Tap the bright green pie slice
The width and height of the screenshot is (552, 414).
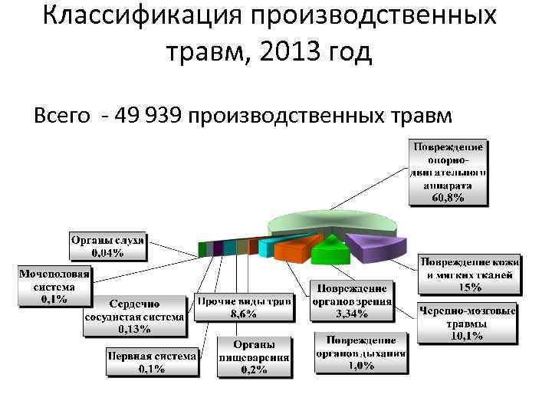tap(330, 250)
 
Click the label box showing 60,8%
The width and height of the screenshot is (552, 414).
tap(449, 172)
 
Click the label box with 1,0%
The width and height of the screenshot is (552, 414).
tap(360, 353)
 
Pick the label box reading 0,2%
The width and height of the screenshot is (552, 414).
tap(255, 357)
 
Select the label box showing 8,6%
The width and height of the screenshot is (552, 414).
tap(245, 307)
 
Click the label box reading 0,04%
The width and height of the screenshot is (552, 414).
tap(108, 246)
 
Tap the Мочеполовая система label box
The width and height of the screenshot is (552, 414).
tap(54, 285)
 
